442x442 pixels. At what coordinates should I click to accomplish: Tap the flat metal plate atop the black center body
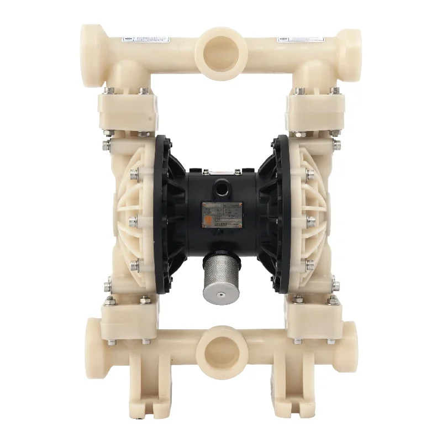(x=222, y=170)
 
